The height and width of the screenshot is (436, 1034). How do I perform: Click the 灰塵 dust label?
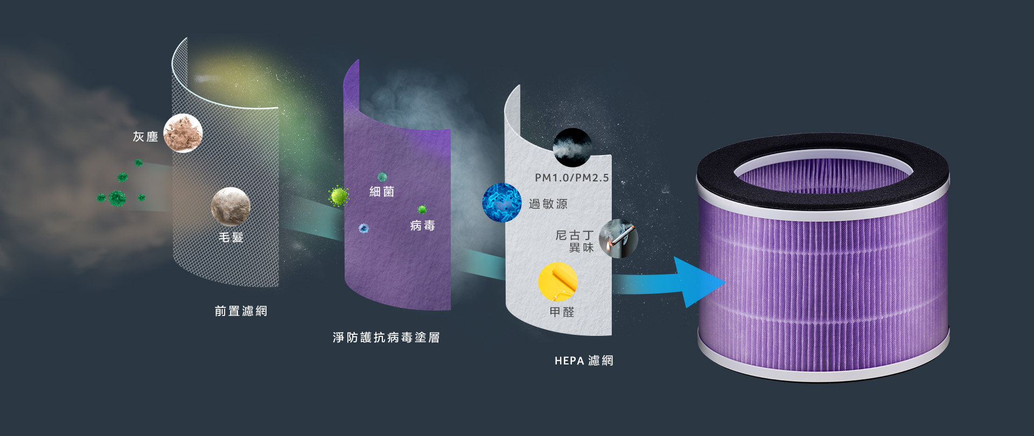(145, 137)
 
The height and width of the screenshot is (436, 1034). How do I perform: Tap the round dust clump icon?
(183, 133)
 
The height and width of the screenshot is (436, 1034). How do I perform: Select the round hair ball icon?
(230, 206)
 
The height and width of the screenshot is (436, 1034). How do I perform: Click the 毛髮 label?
(231, 237)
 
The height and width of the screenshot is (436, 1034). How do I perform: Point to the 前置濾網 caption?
(241, 311)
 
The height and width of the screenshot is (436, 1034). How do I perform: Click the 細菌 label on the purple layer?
(382, 192)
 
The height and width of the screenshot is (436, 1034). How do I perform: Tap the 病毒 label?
(422, 226)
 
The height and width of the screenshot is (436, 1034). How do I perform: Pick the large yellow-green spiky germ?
(339, 196)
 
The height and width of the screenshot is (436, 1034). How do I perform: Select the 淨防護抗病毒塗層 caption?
(386, 337)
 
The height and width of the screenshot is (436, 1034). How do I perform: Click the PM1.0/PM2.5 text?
(572, 178)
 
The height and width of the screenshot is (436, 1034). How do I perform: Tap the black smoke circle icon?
(572, 147)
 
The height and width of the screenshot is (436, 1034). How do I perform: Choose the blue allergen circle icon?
(502, 202)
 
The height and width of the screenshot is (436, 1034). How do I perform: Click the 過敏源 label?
(548, 204)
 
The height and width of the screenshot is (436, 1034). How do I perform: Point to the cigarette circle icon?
(619, 238)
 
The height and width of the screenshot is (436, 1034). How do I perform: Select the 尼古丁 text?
(575, 235)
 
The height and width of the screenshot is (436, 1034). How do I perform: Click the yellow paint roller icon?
(558, 282)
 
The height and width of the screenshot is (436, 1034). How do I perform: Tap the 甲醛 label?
(562, 312)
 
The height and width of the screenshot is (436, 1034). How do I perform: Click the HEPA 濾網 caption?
(584, 361)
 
